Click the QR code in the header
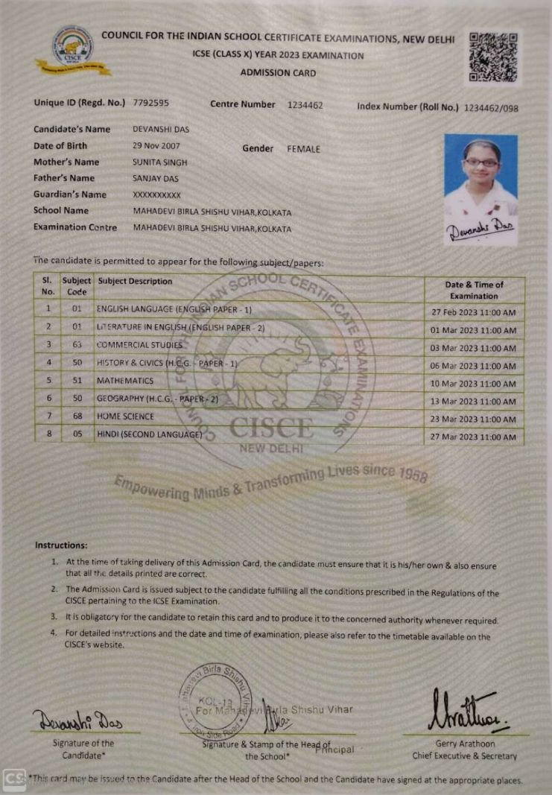(493, 57)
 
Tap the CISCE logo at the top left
(73, 49)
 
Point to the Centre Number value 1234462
(305, 105)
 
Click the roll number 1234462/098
(491, 108)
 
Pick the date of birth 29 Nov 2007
(156, 145)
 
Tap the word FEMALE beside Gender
(303, 149)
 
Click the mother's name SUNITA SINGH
(160, 162)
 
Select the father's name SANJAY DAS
(156, 178)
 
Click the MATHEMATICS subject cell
(125, 381)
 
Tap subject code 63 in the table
(76, 345)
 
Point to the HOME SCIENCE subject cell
(125, 416)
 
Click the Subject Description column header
(135, 282)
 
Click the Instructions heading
(61, 545)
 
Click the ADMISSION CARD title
(278, 73)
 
